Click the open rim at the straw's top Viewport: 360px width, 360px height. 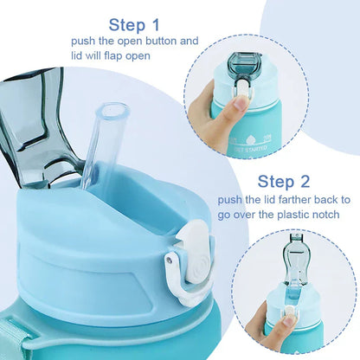[115, 111]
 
